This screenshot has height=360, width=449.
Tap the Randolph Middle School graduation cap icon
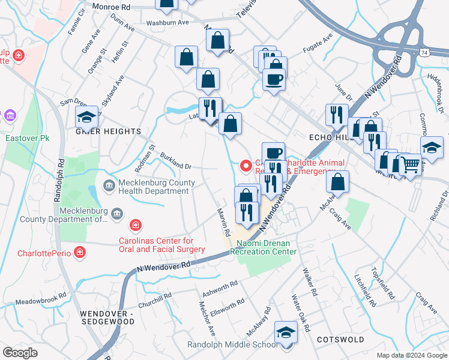(x=286, y=332)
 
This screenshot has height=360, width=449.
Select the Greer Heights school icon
(x=87, y=117)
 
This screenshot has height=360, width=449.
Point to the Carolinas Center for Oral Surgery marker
(x=136, y=226)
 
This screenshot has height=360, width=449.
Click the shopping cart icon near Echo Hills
(x=410, y=163)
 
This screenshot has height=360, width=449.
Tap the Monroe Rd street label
(x=111, y=6)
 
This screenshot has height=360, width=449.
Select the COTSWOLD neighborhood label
(x=340, y=340)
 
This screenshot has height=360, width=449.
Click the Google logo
(x=20, y=353)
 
